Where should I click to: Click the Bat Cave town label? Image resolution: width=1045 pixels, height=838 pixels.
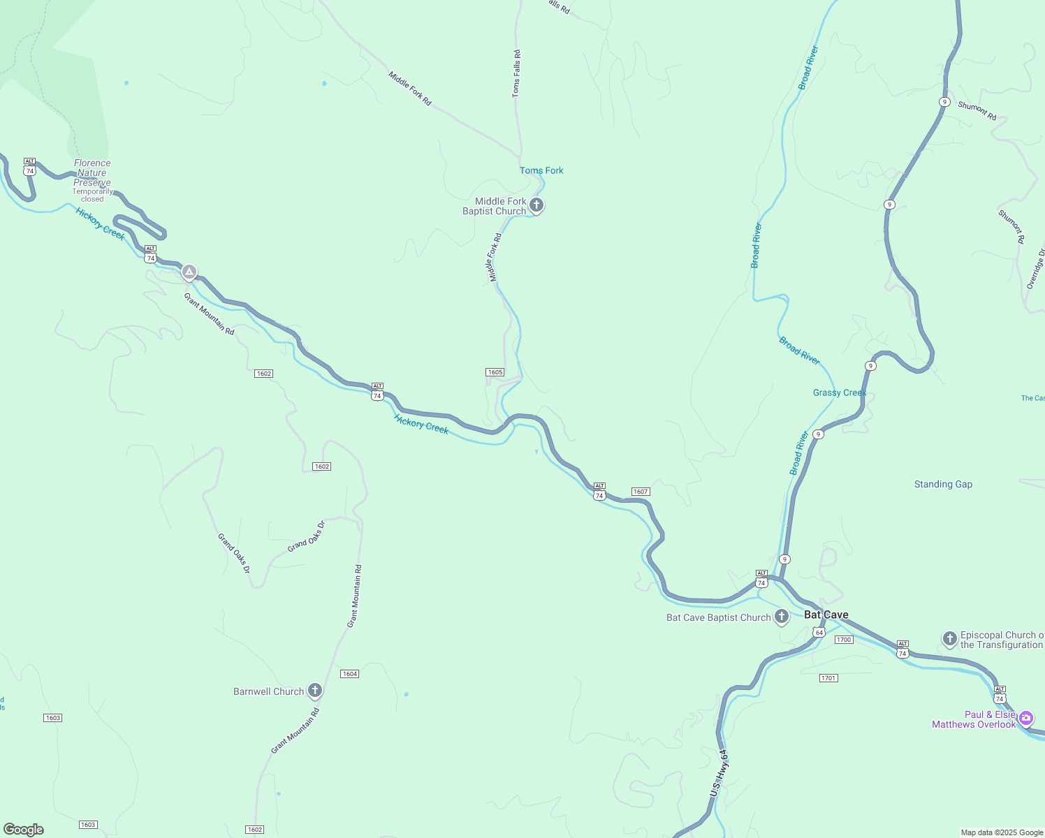[x=826, y=615]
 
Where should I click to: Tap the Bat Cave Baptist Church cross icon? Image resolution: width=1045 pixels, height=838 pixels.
[x=782, y=617]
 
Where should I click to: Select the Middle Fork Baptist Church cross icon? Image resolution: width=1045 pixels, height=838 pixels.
[x=536, y=205]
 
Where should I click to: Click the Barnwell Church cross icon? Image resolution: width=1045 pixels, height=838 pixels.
[x=315, y=691]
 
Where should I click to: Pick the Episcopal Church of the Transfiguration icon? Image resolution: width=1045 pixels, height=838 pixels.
[x=949, y=638]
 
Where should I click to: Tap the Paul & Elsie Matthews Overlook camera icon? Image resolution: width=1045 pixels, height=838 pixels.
[x=1026, y=718]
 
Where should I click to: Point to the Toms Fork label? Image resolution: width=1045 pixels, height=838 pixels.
[x=541, y=170]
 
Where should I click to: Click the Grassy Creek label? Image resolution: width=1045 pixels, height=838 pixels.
[x=840, y=392]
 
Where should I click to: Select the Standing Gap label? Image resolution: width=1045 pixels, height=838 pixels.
[x=943, y=484]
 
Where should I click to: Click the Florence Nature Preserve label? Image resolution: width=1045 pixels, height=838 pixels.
[x=92, y=172]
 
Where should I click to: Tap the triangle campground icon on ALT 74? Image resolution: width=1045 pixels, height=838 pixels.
[x=189, y=272]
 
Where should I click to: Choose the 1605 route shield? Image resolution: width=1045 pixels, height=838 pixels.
[x=495, y=372]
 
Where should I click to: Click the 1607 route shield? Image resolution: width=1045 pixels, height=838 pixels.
[x=641, y=492]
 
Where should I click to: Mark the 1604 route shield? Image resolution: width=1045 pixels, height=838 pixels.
[x=350, y=674]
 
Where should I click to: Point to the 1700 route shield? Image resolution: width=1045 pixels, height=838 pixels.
[x=844, y=640]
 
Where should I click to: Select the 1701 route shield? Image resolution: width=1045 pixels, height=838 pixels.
[x=828, y=678]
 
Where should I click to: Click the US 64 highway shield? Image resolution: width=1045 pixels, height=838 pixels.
[x=819, y=633]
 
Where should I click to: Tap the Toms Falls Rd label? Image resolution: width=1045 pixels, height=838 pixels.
[x=516, y=73]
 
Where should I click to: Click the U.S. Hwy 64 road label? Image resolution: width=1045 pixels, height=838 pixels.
[x=718, y=773]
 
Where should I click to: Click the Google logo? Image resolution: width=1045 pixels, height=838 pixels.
[x=24, y=830]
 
